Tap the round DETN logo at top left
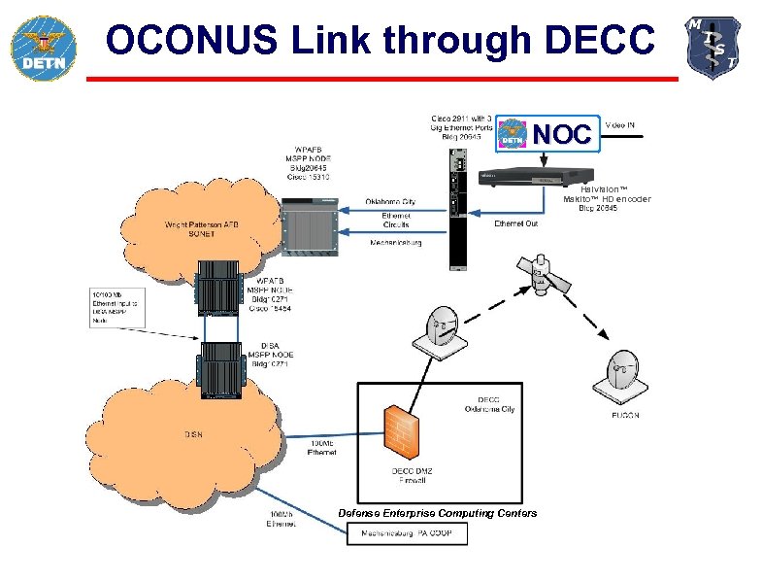pos(40,48)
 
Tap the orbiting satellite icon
pos(547,277)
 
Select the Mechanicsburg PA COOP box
pos(407,533)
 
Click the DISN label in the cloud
pos(194,433)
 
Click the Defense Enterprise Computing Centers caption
pos(437,513)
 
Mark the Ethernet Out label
pos(515,224)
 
